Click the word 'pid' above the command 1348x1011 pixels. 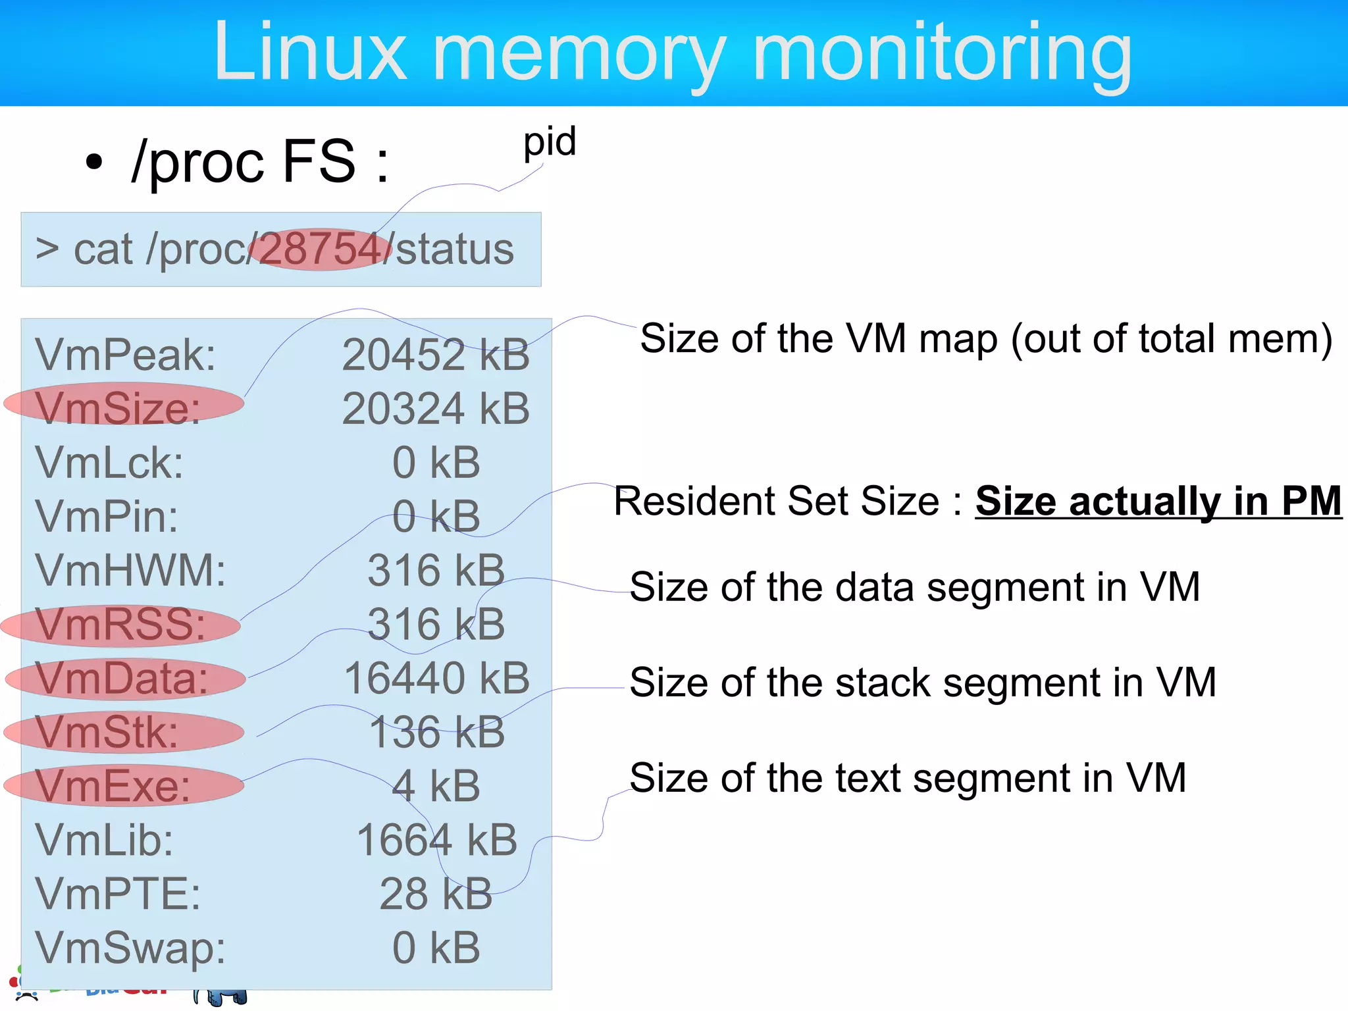[550, 142]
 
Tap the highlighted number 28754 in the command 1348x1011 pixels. [321, 249]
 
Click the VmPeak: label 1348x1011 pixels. [125, 355]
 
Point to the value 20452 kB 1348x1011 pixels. [436, 355]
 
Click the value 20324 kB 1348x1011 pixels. [436, 409]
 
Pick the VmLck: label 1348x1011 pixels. [109, 462]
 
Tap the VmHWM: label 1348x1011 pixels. [130, 570]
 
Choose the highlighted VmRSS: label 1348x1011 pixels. [120, 624]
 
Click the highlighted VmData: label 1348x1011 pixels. [122, 678]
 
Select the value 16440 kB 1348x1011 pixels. [437, 678]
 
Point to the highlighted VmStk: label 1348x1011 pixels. [107, 732]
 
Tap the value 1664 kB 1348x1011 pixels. [437, 840]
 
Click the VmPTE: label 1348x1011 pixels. [118, 894]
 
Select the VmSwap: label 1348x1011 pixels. [130, 948]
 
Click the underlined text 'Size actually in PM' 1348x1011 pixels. [1158, 502]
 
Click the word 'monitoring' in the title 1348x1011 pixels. [942, 53]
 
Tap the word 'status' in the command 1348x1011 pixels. [455, 249]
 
